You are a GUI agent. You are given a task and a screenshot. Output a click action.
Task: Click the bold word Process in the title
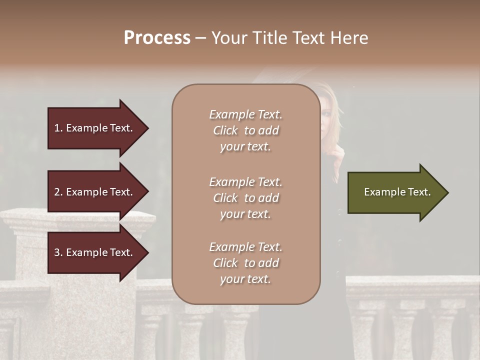tap(157, 38)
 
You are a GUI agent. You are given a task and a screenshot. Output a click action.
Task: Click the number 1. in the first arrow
tap(58, 128)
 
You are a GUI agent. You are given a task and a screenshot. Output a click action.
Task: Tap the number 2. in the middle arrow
tap(58, 192)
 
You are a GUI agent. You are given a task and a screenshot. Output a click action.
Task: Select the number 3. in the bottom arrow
tap(58, 252)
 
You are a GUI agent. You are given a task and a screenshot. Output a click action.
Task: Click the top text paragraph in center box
tap(245, 130)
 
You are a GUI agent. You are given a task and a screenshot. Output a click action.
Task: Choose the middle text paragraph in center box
tap(245, 197)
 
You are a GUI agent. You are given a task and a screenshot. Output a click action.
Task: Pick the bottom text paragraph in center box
tap(245, 263)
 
